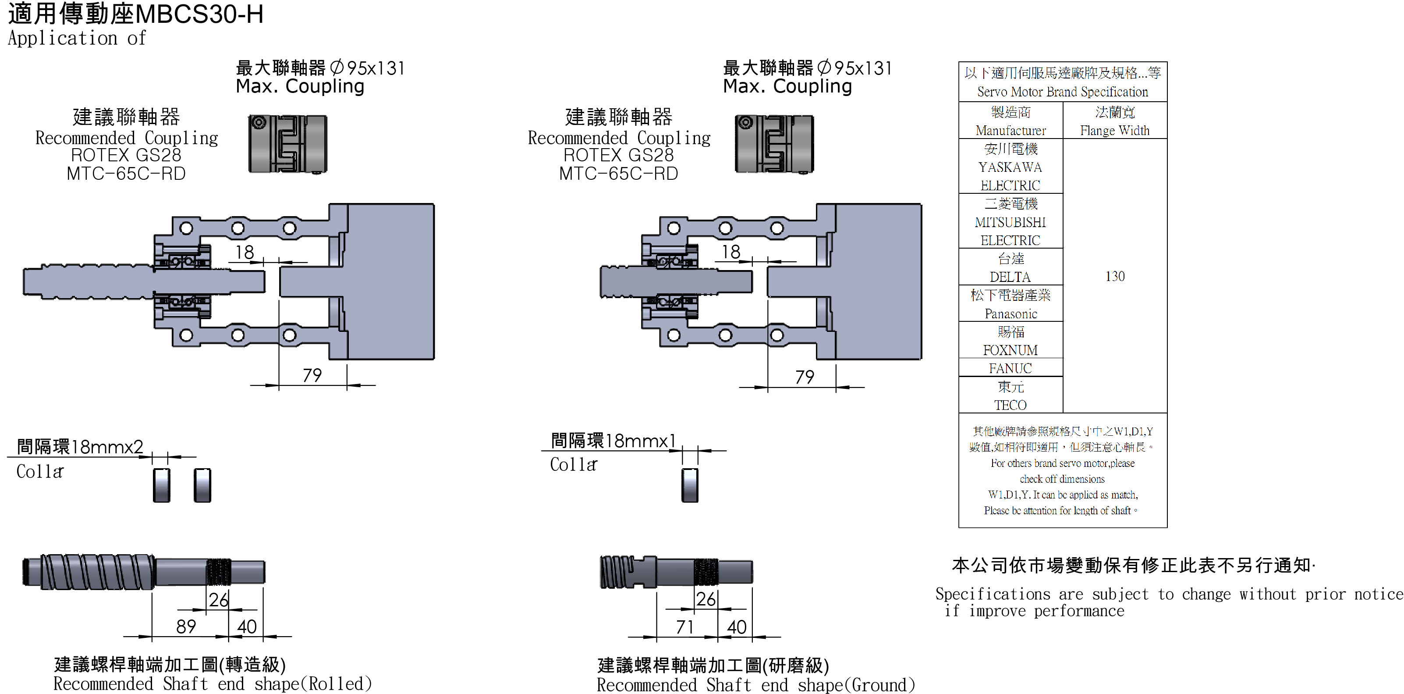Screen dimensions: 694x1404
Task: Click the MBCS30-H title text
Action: click(199, 14)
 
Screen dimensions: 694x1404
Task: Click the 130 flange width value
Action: click(1115, 276)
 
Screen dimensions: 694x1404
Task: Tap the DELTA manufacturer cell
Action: click(1010, 277)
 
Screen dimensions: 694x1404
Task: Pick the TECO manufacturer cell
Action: click(1010, 405)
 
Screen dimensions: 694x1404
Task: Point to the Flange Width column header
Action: click(1115, 131)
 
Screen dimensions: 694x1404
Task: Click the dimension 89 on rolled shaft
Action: click(186, 627)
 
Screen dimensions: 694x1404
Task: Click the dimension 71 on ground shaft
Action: click(684, 627)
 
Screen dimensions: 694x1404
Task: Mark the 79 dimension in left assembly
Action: click(312, 376)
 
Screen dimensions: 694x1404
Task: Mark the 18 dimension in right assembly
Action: click(731, 252)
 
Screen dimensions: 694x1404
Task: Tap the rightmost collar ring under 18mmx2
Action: click(202, 485)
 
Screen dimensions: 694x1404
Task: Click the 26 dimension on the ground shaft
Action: click(706, 600)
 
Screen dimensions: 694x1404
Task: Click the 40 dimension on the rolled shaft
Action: click(247, 627)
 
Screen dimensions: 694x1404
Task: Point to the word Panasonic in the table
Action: click(1010, 314)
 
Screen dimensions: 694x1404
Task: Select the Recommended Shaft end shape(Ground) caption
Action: click(755, 685)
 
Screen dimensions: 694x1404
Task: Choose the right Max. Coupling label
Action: click(787, 86)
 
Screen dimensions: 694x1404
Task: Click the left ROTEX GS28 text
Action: click(126, 155)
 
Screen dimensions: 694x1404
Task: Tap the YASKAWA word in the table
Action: click(1010, 167)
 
